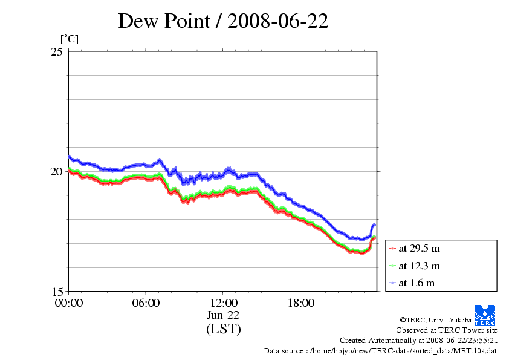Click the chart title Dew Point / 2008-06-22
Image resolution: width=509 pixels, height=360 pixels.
tap(223, 21)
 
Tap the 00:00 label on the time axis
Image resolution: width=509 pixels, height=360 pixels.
tap(69, 303)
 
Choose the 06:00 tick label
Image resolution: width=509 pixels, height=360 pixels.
tap(146, 303)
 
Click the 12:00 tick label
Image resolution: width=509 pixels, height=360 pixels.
tap(223, 303)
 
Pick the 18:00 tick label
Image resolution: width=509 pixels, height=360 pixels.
tap(300, 303)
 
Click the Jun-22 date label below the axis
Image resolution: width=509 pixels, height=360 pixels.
tap(223, 315)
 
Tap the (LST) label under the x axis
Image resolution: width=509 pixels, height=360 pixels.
tap(223, 329)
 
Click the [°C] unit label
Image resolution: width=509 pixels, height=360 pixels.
tap(69, 39)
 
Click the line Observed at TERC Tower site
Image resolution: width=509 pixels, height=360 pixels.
tap(446, 330)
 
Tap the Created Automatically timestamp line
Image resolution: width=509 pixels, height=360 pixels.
tap(418, 341)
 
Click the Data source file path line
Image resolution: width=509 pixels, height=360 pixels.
tap(380, 351)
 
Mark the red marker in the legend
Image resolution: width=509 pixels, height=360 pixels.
tap(392, 249)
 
